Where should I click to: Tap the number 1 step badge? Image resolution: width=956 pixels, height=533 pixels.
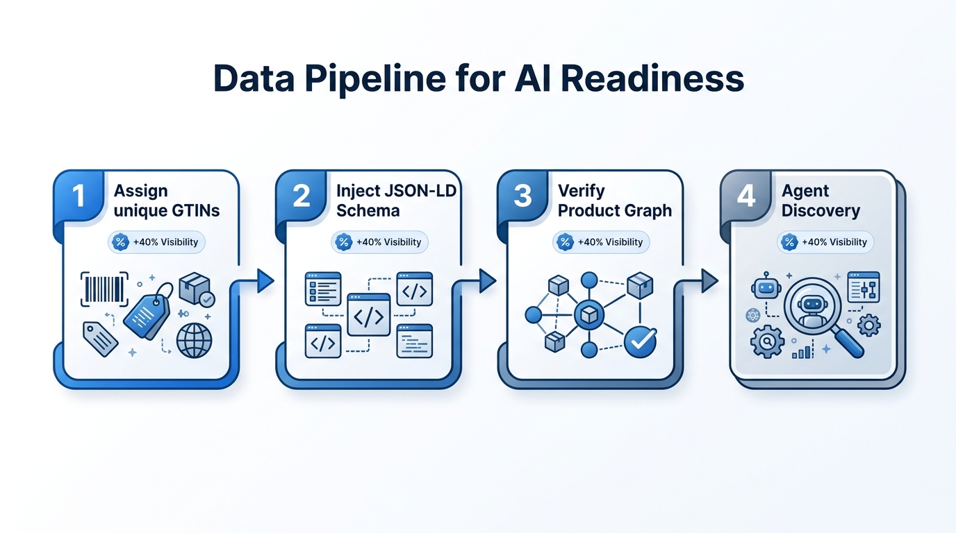[x=79, y=196]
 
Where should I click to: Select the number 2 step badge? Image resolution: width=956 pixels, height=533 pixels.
[x=301, y=196]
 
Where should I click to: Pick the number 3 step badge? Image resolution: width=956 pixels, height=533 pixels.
[x=522, y=196]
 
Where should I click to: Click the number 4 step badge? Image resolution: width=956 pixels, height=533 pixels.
[x=745, y=196]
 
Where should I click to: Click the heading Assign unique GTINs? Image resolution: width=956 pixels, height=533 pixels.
[x=166, y=201]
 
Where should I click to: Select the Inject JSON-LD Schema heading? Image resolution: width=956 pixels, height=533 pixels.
[x=395, y=201]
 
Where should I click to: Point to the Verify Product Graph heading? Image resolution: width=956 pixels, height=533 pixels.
[x=614, y=201]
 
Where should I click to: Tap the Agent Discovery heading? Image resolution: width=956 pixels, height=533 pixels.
[x=820, y=201]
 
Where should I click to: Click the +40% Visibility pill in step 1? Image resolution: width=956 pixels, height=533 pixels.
[x=156, y=242]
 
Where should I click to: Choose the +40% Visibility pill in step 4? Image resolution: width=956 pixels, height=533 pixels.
[x=825, y=242]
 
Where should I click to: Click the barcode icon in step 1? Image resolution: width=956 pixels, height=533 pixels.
[x=105, y=288]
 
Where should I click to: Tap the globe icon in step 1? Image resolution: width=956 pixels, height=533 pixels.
[x=194, y=340]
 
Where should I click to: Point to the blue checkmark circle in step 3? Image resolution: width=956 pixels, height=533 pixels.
[x=639, y=341]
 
